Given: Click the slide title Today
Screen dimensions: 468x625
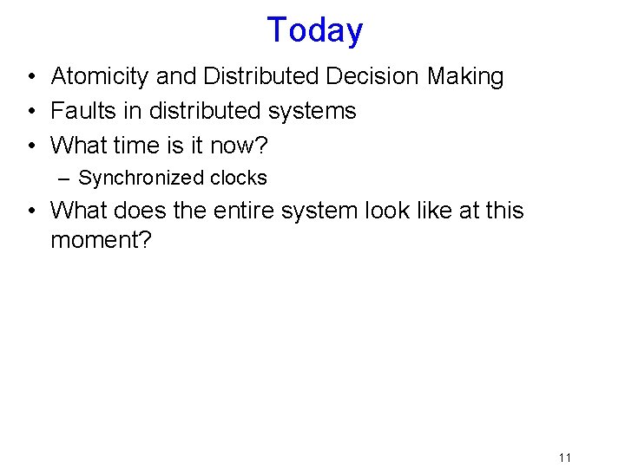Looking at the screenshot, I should tap(314, 30).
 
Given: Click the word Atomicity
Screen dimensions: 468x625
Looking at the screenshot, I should tap(100, 76).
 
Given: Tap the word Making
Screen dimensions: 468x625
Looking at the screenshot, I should tap(465, 76).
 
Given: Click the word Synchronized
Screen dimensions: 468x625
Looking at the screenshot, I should tap(131, 179).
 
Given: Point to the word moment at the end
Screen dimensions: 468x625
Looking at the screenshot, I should tap(101, 240).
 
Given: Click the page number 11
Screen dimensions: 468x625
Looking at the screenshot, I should tap(565, 458).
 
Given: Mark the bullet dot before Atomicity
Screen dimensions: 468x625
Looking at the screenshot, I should tap(30, 77).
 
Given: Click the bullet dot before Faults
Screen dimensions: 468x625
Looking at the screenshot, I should tap(30, 112).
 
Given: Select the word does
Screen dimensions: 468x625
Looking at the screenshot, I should tap(143, 211).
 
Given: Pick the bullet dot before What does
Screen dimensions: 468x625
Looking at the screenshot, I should tap(30, 211).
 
